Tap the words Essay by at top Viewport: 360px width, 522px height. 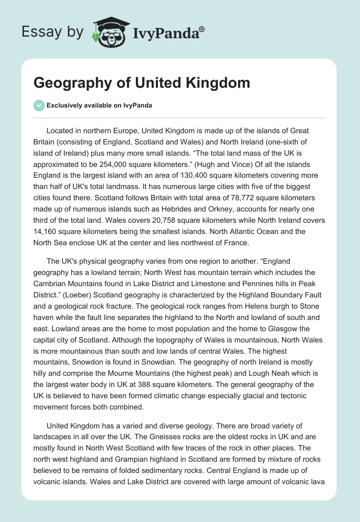(x=53, y=32)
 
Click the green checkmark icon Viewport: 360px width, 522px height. (x=39, y=105)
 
